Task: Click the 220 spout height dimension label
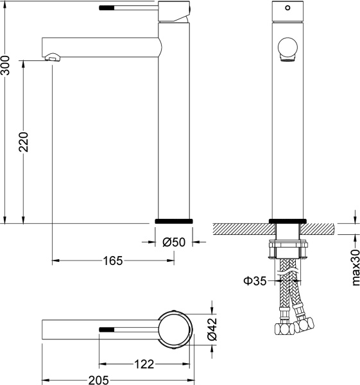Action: point(24,142)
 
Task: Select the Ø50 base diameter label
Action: point(174,243)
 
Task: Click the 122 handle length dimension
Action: point(144,364)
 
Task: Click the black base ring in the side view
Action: point(174,221)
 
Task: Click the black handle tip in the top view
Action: point(107,329)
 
